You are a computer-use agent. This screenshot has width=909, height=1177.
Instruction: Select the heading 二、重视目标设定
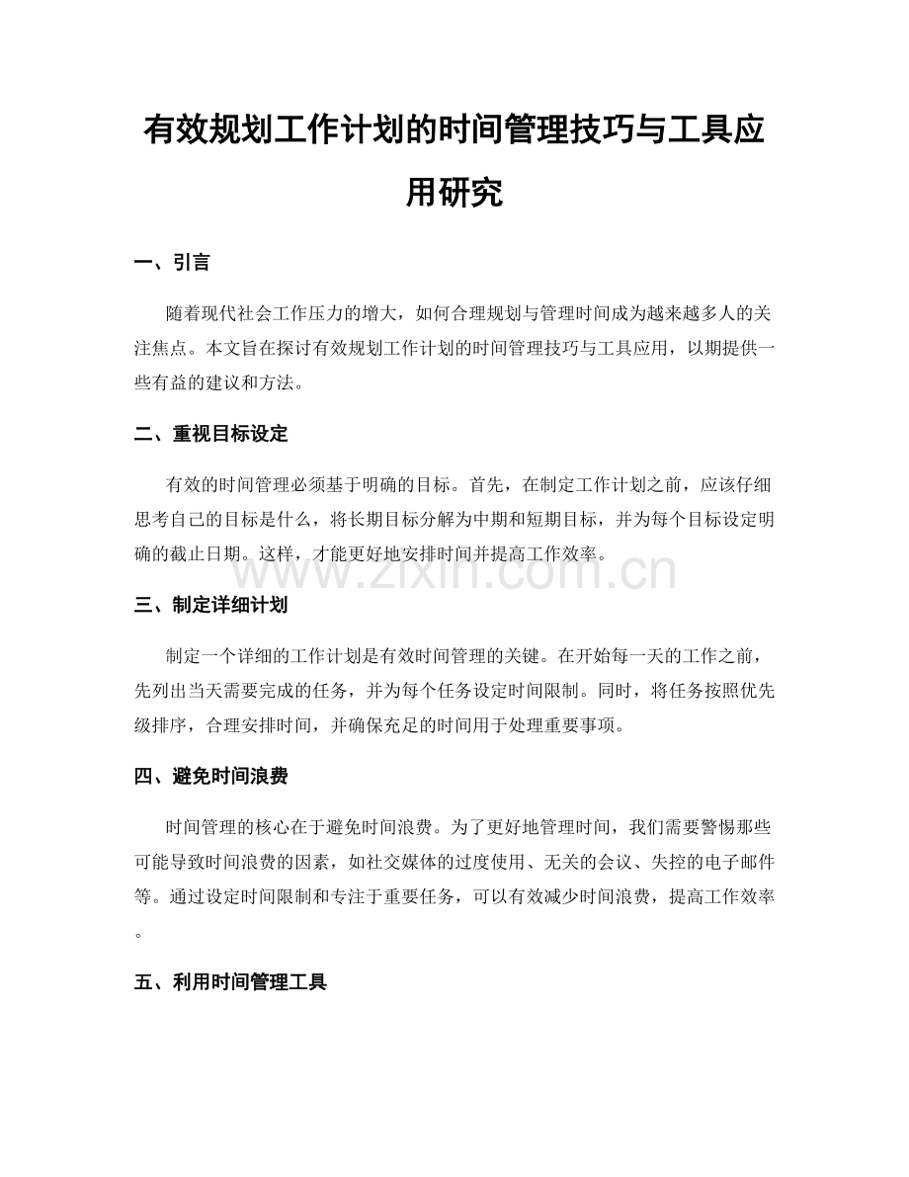(x=210, y=434)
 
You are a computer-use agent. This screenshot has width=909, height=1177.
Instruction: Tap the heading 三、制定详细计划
(x=210, y=605)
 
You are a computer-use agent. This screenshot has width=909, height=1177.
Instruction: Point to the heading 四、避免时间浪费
(x=210, y=776)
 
